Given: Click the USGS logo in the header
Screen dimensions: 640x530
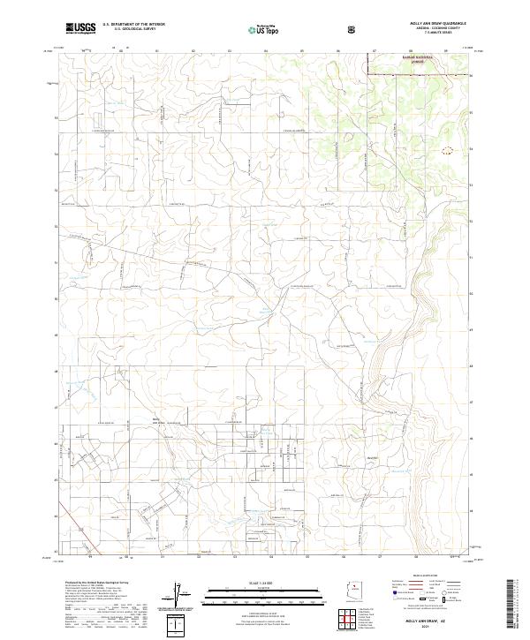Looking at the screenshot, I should point(80,28).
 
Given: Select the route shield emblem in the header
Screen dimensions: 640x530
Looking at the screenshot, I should point(353,29).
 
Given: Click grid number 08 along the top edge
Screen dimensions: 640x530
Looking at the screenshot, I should point(409,50).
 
